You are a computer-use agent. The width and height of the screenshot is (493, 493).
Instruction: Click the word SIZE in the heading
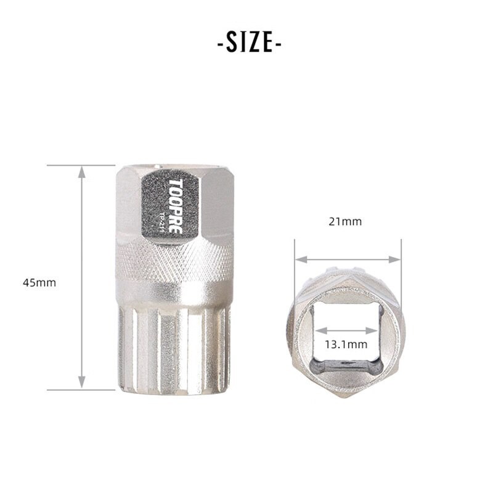tap(250, 42)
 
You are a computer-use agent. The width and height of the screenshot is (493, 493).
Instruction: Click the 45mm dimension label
tap(39, 283)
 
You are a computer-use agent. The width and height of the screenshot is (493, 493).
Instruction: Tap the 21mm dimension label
tap(345, 222)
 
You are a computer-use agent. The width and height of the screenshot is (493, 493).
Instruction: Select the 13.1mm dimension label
tap(346, 344)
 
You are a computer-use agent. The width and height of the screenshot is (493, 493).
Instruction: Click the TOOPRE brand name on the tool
tap(176, 206)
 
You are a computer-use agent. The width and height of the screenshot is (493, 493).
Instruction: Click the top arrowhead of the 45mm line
tap(82, 173)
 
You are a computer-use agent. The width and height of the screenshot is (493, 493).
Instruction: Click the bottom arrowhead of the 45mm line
tap(82, 382)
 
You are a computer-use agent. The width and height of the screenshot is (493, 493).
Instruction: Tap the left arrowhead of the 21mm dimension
tap(301, 259)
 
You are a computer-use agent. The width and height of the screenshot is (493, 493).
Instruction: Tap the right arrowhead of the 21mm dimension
tap(394, 259)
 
